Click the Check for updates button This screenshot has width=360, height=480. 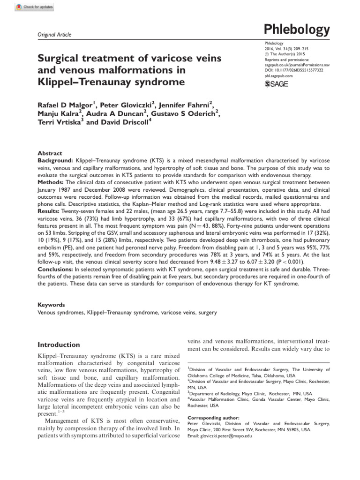[34, 7]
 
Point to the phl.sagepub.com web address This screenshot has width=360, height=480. [276, 75]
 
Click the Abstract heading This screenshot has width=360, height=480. [50, 153]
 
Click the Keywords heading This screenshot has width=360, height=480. [52, 304]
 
